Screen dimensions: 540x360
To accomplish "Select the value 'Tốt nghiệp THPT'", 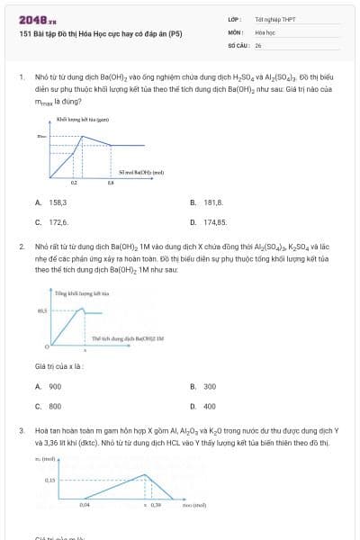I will coord(274,18).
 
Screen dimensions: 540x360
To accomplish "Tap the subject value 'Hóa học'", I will coord(265,31).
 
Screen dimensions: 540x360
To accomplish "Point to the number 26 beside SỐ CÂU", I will coord(258,44).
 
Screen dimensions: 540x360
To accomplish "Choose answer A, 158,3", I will coord(58,202).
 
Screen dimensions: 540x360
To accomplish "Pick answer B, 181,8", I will coord(213,202).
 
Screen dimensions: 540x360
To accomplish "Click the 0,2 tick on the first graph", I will coord(74,182).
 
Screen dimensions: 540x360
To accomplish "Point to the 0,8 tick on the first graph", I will coord(111,182).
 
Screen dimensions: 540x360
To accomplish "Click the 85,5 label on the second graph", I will coord(41,310).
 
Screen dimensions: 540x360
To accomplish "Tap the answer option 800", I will coord(55,405).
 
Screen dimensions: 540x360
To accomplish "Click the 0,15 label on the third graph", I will coord(49,480).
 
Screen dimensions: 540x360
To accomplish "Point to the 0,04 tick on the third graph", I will coord(85,505).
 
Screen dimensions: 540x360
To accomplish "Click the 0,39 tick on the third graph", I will coord(156,505).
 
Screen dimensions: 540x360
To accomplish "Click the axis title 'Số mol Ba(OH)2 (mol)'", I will coord(141,171).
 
